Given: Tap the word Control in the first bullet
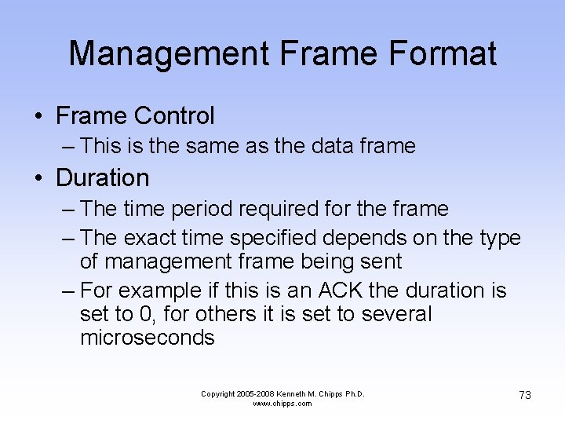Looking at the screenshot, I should pos(173,116).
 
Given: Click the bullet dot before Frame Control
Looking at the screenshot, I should pos(38,117).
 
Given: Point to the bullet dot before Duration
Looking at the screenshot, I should pos(38,178).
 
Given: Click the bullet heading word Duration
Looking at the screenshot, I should pos(102,178).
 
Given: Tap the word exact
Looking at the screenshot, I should pos(151,238).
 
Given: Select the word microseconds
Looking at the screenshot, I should pos(148,338).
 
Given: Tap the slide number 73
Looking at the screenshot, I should pos(525,395).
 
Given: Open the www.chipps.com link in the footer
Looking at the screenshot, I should pos(282,404).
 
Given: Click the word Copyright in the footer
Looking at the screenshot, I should pos(219,393).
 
